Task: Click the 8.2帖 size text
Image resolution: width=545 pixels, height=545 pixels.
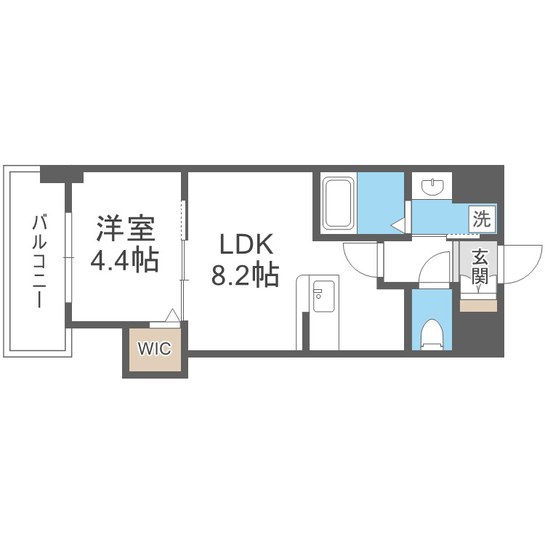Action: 245,275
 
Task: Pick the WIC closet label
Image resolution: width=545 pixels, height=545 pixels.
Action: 155,350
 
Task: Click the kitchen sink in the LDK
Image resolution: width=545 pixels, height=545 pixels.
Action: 318,296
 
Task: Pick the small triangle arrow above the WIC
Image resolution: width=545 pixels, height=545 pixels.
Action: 172,315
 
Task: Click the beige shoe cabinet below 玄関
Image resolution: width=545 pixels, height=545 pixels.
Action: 479,305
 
